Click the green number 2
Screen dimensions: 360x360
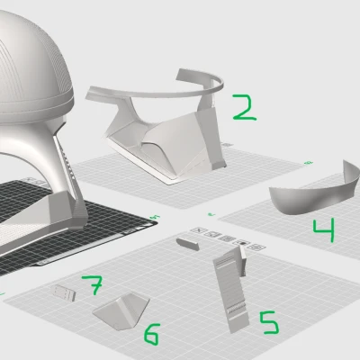(x=245, y=108)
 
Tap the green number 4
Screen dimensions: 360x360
(x=324, y=230)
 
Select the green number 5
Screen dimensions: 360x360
(x=270, y=322)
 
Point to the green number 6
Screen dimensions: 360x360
(x=152, y=334)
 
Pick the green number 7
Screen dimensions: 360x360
(x=94, y=285)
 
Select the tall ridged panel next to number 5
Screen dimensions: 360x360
(x=231, y=291)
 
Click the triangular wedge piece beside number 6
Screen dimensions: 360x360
(x=121, y=310)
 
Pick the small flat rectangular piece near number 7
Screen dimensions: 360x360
(x=64, y=292)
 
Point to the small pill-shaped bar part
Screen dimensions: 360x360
(x=187, y=244)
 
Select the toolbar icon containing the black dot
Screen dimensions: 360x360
(x=243, y=243)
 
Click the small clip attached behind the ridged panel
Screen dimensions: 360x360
(x=243, y=260)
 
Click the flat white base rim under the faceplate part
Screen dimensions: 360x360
(x=141, y=164)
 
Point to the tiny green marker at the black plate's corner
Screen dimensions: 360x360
(x=156, y=217)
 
